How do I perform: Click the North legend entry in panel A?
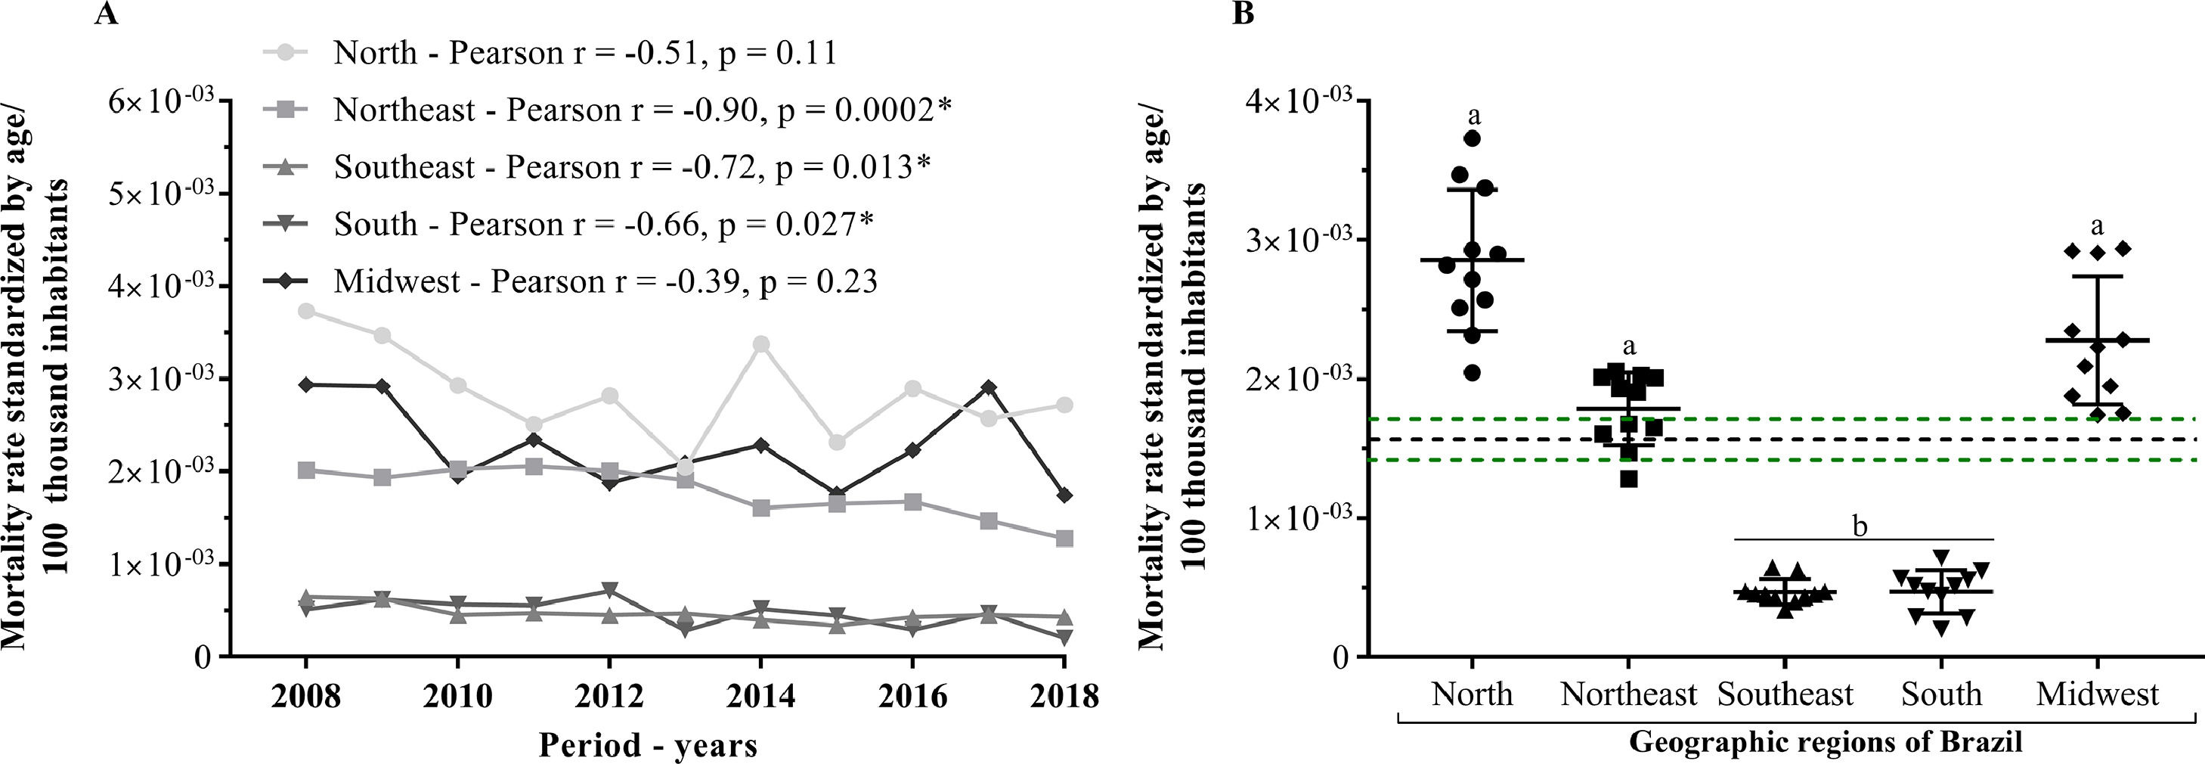pyautogui.click(x=584, y=53)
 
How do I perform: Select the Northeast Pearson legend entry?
pyautogui.click(x=642, y=110)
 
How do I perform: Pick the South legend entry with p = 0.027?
pyautogui.click(x=603, y=225)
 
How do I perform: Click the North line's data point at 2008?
pyautogui.click(x=305, y=310)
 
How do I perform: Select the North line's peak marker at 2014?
pyautogui.click(x=760, y=344)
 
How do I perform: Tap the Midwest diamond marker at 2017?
pyautogui.click(x=989, y=387)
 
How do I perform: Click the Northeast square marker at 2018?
pyautogui.click(x=1064, y=539)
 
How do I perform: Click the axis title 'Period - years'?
pyautogui.click(x=648, y=744)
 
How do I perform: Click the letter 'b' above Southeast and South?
pyautogui.click(x=1860, y=525)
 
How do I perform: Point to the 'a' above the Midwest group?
pyautogui.click(x=2096, y=226)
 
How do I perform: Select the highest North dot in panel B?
pyautogui.click(x=1473, y=137)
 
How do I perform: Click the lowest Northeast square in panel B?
pyautogui.click(x=1628, y=479)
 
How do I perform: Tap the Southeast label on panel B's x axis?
pyautogui.click(x=1785, y=694)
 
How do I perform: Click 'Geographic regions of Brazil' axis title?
pyautogui.click(x=1825, y=742)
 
